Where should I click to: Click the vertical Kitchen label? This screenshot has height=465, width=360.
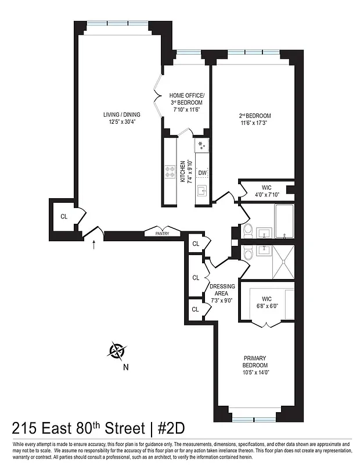tap(183, 171)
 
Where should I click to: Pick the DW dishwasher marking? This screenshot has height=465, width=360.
tap(202, 173)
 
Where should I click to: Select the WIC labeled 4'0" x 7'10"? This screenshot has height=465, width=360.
tap(267, 191)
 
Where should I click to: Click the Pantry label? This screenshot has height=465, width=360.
tap(162, 234)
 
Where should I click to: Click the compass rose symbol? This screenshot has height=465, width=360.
tap(118, 350)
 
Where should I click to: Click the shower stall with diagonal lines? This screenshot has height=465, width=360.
tap(283, 263)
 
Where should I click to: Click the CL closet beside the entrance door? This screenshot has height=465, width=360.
tap(64, 217)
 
